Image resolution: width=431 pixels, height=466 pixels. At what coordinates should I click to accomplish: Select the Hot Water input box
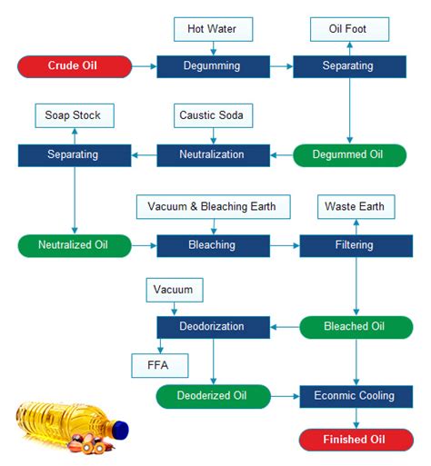point(212,29)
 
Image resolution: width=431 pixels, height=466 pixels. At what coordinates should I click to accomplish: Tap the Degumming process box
point(212,65)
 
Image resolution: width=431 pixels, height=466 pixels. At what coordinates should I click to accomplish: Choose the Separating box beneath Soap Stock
point(74,154)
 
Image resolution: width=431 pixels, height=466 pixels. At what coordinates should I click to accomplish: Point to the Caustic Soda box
point(212,116)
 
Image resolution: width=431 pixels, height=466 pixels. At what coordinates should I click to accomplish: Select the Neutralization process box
point(212,154)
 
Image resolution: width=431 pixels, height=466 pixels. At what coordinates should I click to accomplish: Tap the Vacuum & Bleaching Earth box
point(213,206)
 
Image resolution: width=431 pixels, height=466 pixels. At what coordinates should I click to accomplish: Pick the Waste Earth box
point(355,206)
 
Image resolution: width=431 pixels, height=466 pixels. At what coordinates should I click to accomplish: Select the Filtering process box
point(355,244)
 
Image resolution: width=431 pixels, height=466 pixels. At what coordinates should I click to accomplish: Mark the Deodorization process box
point(213,325)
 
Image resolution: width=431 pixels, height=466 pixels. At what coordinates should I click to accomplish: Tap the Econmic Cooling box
point(355,395)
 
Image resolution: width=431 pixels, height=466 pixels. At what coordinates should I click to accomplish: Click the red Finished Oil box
point(355,441)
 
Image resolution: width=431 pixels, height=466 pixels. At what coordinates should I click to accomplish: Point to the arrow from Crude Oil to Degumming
point(144,65)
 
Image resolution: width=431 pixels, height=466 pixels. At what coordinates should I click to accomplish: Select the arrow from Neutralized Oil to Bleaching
point(144,244)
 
